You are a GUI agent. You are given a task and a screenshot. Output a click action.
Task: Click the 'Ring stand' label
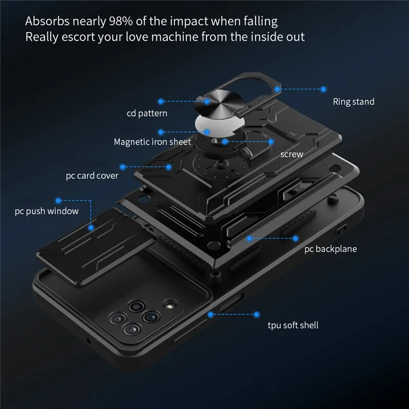pos(353,102)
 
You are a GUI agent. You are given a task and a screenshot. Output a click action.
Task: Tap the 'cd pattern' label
pos(147,113)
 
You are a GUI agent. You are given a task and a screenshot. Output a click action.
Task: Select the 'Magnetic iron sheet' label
pos(152,142)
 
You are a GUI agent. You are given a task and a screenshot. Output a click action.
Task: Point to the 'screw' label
pos(291,154)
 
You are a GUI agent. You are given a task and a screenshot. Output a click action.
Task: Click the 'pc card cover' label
pos(92,176)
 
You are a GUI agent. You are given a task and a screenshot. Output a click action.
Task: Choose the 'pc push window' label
pos(47,211)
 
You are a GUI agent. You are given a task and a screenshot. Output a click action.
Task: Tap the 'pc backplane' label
pos(330,249)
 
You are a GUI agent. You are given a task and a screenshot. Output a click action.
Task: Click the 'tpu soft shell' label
pos(293,325)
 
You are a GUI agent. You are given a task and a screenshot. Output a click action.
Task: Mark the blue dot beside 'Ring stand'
pos(323,89)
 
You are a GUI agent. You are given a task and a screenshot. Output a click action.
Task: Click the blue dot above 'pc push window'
pos(58,200)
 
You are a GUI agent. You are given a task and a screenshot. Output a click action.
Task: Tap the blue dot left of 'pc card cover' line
pos(123,167)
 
